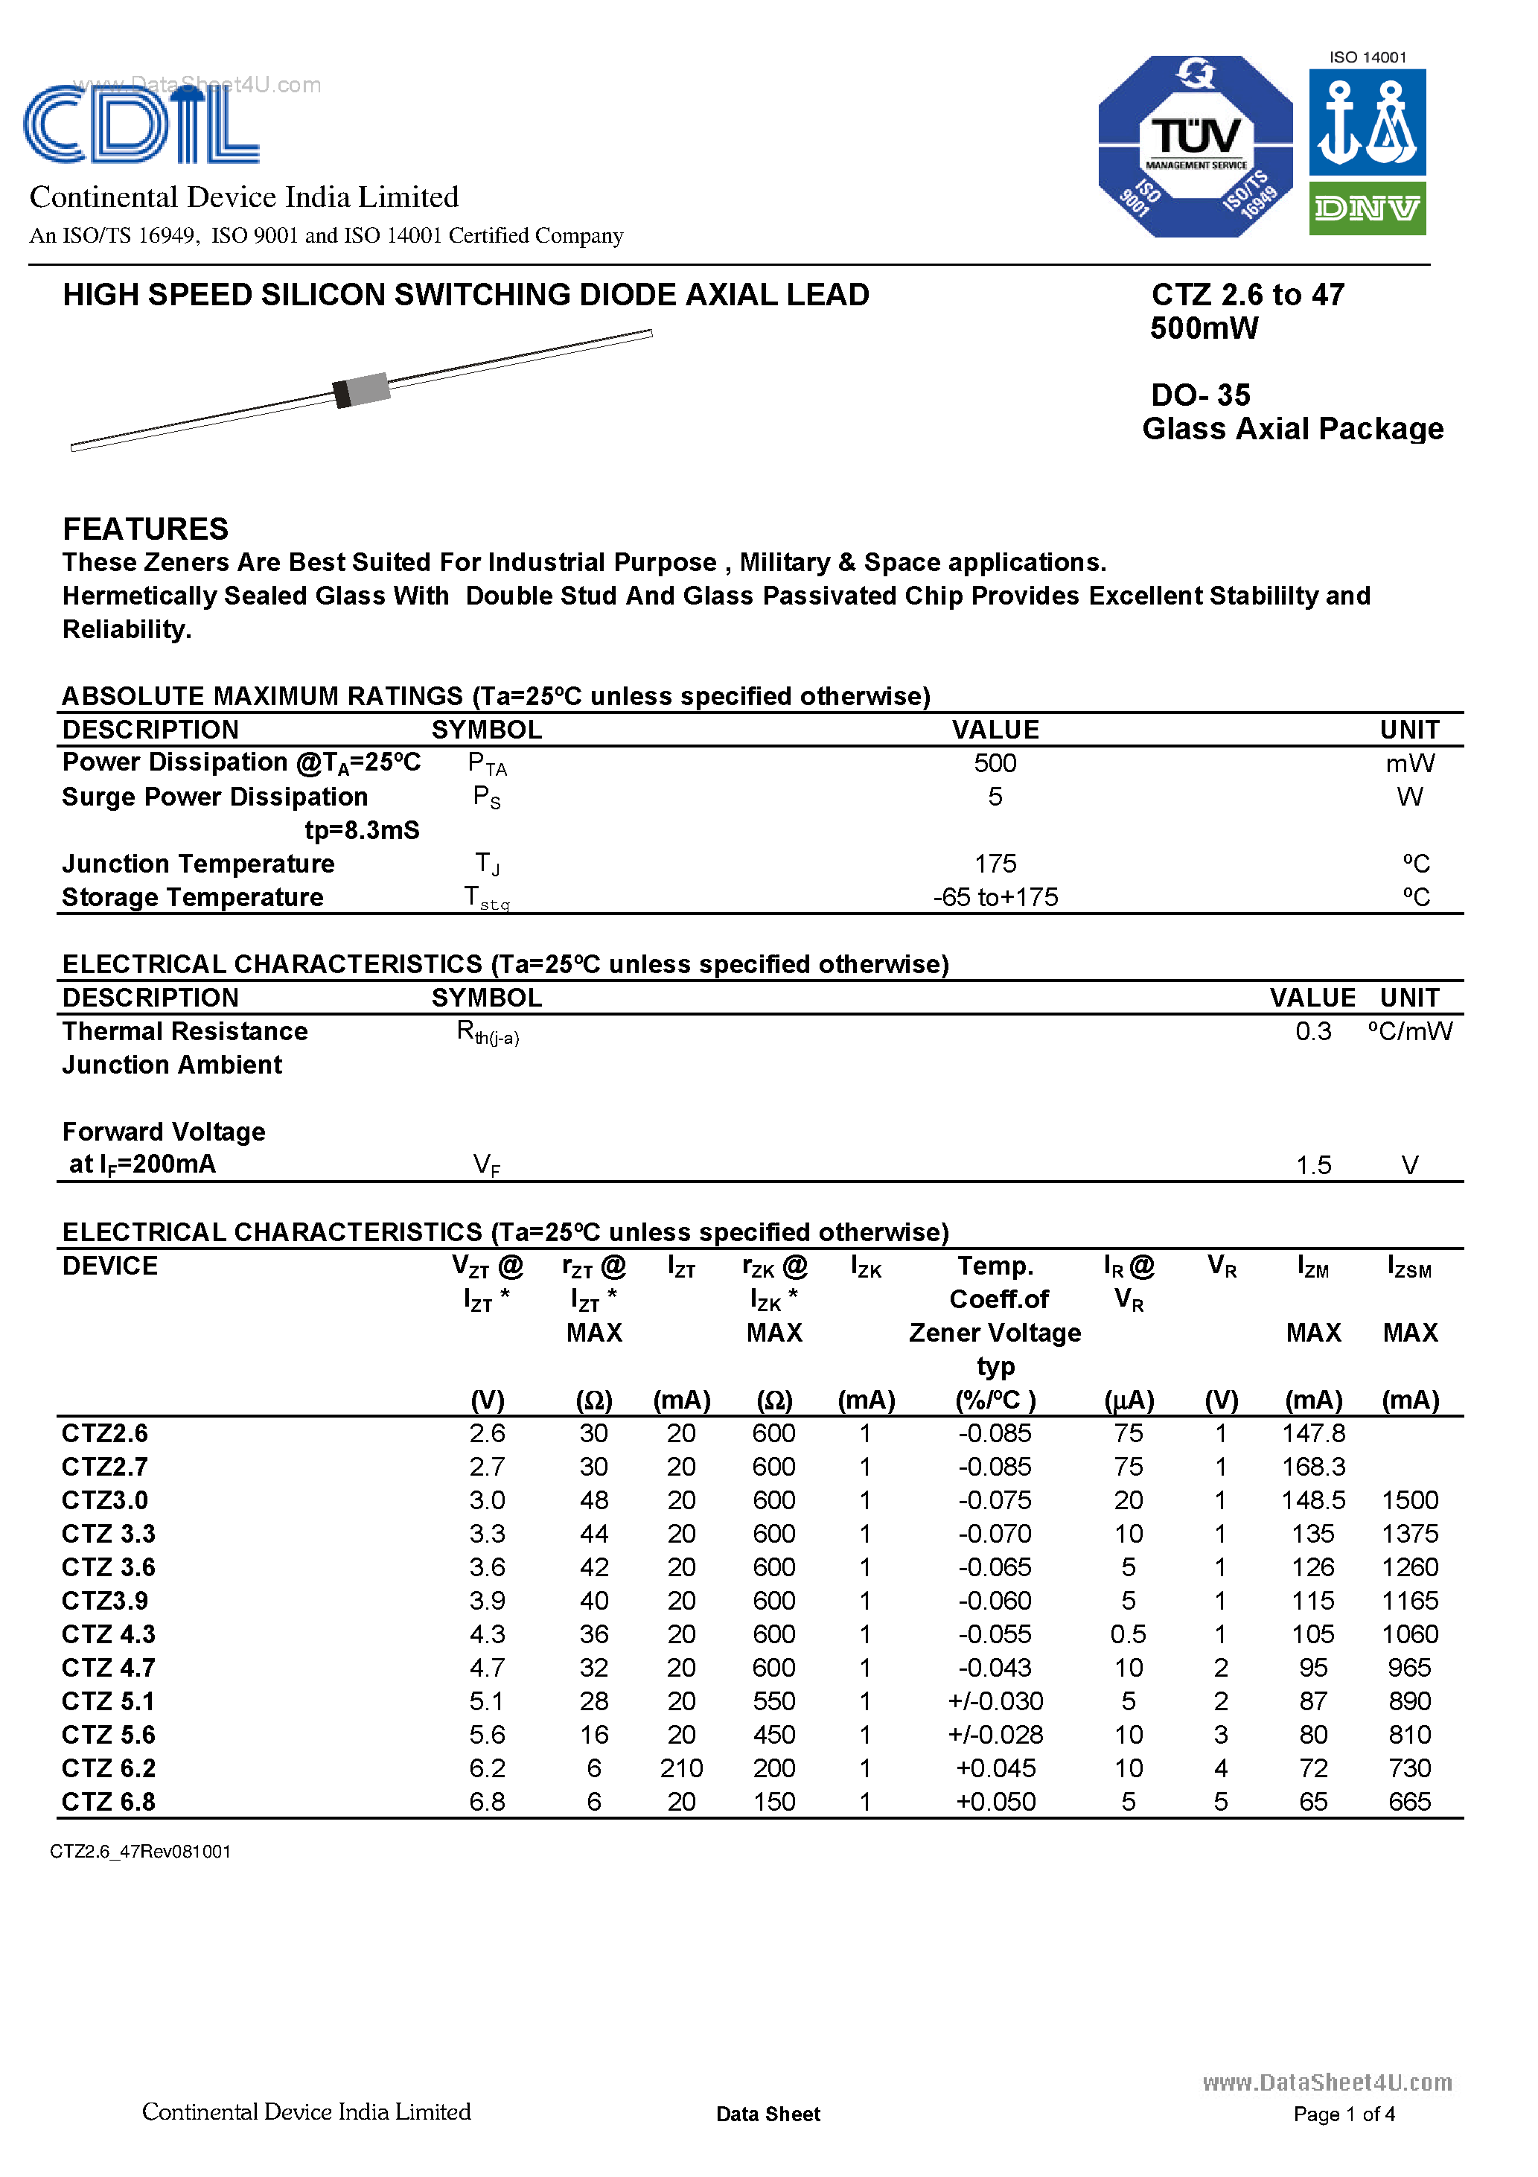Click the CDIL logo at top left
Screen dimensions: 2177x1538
pyautogui.click(x=141, y=124)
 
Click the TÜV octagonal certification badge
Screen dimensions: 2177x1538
pyautogui.click(x=1195, y=146)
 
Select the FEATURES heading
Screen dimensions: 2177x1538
pyautogui.click(x=145, y=528)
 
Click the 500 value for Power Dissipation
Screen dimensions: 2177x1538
pyautogui.click(x=995, y=763)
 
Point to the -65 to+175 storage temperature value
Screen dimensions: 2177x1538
pyautogui.click(x=995, y=897)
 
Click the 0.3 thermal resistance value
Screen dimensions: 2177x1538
pyautogui.click(x=1312, y=1032)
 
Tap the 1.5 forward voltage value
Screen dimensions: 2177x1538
pyautogui.click(x=1312, y=1164)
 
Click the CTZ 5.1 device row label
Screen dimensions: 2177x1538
pyautogui.click(x=108, y=1701)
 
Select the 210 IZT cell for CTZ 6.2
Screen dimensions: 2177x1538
pyautogui.click(x=681, y=1768)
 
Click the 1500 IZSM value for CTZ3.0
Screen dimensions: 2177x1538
pyautogui.click(x=1409, y=1500)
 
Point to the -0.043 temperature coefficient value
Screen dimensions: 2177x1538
pyautogui.click(x=995, y=1668)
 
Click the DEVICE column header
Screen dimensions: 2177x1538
pyautogui.click(x=110, y=1266)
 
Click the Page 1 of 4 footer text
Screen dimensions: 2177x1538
pyautogui.click(x=1343, y=2114)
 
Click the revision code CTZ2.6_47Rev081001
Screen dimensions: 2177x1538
pyautogui.click(x=141, y=1851)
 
